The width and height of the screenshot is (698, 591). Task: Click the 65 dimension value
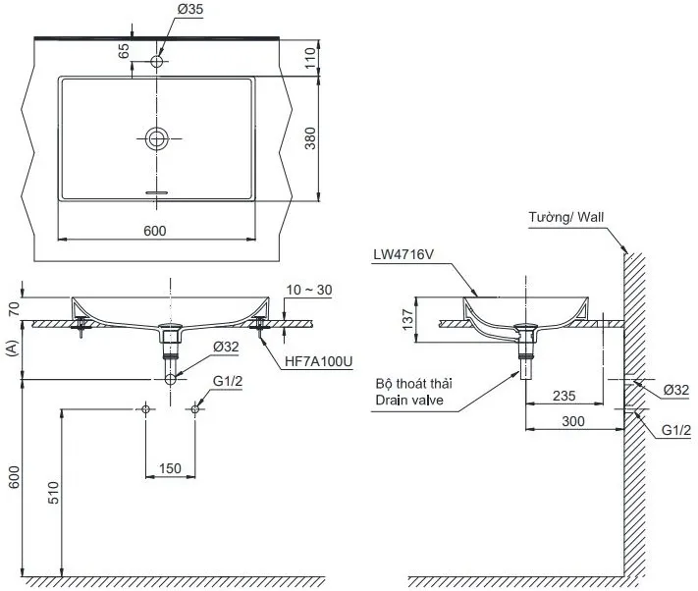[x=125, y=51]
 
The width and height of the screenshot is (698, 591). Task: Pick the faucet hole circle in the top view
[x=156, y=62]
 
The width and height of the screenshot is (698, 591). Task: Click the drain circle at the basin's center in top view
[x=156, y=138]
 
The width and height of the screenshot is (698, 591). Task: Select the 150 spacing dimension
[x=170, y=469]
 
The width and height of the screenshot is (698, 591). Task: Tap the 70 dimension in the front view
[x=11, y=308]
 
